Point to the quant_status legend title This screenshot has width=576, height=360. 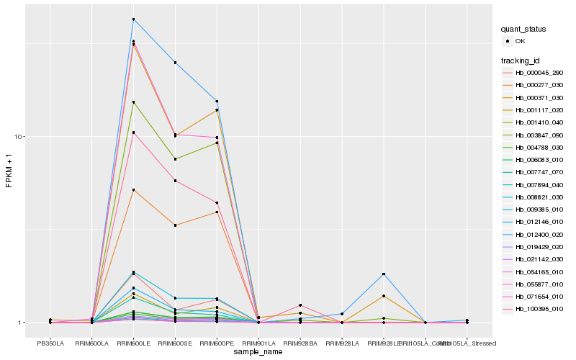pyautogui.click(x=523, y=30)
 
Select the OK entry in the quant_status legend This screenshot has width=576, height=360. pyautogui.click(x=521, y=41)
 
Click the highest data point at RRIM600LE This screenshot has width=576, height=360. pyautogui.click(x=134, y=19)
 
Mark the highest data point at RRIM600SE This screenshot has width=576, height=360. pyautogui.click(x=175, y=63)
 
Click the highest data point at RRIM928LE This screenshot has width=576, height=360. pyautogui.click(x=384, y=274)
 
